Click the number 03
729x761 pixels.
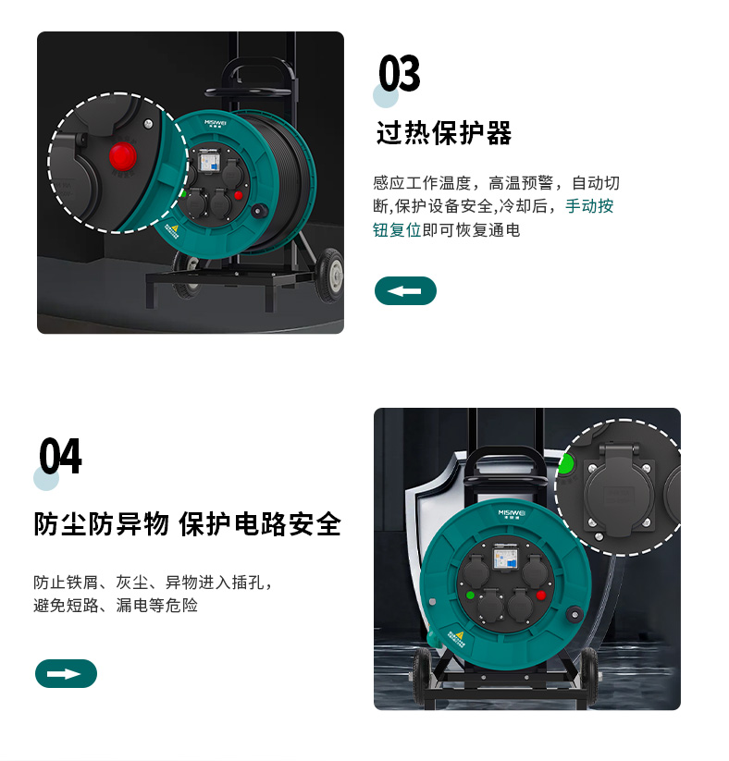[400, 73]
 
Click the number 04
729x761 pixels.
[60, 456]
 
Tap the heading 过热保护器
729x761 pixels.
[444, 133]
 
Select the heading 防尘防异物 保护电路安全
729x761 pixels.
[188, 524]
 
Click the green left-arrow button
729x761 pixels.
[405, 290]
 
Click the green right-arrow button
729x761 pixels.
[66, 674]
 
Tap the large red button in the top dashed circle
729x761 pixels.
[122, 155]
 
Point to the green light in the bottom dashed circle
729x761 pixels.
[566, 464]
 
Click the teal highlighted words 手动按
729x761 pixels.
[589, 206]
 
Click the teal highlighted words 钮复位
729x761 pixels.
[397, 230]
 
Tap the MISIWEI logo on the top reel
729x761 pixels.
[216, 123]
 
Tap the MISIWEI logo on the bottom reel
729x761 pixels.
[512, 513]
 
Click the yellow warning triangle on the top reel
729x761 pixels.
[175, 227]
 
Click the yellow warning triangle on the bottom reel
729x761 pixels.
[460, 635]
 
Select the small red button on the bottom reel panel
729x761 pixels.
[541, 595]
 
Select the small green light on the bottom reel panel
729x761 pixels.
[470, 595]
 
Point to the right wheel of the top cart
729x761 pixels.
[331, 276]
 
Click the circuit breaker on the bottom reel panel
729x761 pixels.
[506, 558]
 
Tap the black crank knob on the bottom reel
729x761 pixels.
[575, 614]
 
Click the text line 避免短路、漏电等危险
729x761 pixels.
[116, 606]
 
